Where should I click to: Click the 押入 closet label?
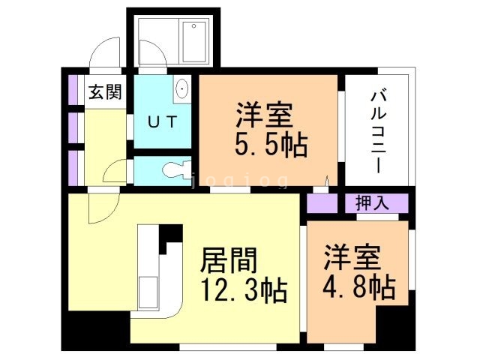373,202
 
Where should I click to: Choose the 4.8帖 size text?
360,287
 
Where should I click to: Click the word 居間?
229,260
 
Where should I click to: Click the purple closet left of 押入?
322,202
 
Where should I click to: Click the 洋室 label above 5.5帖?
264,116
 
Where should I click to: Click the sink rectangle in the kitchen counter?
148,289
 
